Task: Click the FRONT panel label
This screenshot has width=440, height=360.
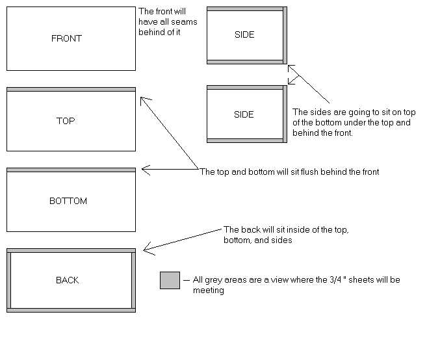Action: [66, 38]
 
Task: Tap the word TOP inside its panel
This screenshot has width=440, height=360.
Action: [66, 121]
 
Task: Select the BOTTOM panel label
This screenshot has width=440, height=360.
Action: [68, 201]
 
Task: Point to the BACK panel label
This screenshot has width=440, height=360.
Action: [68, 280]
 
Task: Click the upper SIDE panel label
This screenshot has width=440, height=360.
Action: [244, 34]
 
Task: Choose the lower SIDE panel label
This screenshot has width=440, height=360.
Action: [244, 114]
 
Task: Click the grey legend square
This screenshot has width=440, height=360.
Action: [170, 280]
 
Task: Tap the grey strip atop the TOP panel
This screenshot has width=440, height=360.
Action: [71, 89]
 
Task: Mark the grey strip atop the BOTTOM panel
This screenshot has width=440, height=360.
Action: [71, 170]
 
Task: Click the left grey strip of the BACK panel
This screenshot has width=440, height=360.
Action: [8, 280]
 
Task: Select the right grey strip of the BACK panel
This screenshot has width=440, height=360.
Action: [133, 280]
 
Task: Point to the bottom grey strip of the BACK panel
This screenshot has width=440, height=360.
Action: [71, 311]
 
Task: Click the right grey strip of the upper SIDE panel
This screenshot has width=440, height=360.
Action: [285, 35]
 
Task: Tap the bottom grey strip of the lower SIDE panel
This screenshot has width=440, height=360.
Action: [245, 140]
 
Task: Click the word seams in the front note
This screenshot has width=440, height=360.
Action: [185, 22]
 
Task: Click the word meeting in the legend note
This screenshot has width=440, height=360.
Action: [209, 290]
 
